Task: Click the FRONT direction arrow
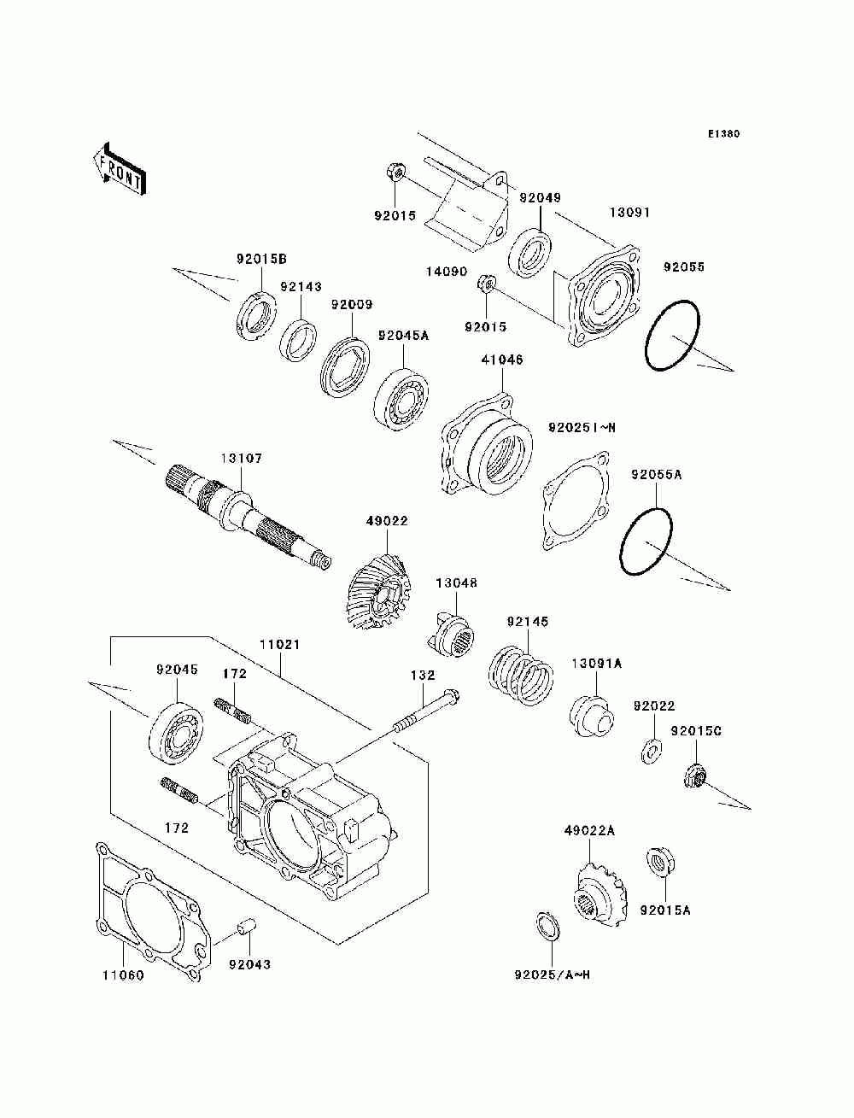click(x=119, y=167)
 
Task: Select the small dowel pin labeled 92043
click(x=247, y=927)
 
